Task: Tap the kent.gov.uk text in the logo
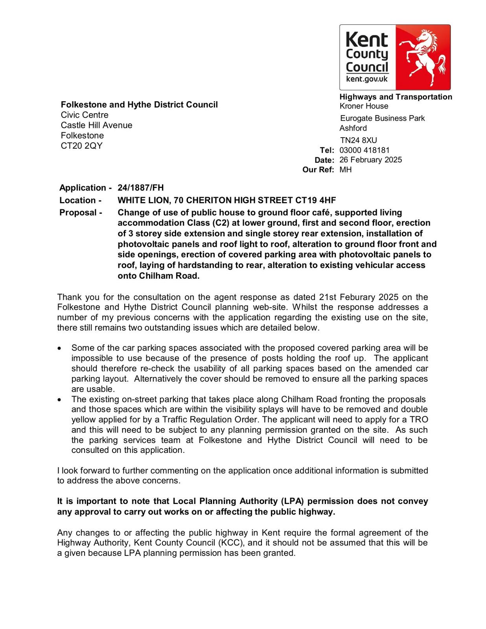point(366,79)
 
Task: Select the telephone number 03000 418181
point(364,150)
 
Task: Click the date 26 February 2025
point(370,160)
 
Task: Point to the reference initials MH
point(346,170)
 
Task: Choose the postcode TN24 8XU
point(358,140)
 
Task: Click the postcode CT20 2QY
point(81,146)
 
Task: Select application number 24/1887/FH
point(140,188)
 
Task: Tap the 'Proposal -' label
point(81,213)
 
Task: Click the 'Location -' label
point(80,200)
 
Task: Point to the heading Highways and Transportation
point(396,97)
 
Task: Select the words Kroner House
point(364,106)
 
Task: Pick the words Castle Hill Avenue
point(96,125)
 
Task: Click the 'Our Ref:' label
point(318,170)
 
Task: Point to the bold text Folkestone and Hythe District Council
point(139,105)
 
